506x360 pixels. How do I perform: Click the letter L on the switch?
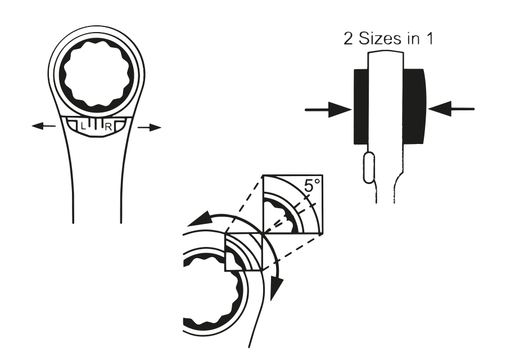coord(84,126)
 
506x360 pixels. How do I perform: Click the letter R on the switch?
coord(109,127)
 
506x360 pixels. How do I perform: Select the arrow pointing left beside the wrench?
coord(43,125)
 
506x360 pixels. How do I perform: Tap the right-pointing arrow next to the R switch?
coord(149,128)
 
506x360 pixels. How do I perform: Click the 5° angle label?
coord(312,186)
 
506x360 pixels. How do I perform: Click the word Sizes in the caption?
coord(381,38)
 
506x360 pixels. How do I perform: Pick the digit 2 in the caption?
coord(349,38)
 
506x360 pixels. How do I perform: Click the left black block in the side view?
coord(361,106)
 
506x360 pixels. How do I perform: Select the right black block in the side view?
coord(414,106)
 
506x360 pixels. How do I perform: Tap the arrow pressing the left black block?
coord(328,110)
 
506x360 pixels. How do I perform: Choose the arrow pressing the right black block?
coord(451,109)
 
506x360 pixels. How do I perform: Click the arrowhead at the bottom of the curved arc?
coord(276,289)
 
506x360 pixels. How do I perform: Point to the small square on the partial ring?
coord(245,252)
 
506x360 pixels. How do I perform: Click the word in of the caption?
coord(414,38)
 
